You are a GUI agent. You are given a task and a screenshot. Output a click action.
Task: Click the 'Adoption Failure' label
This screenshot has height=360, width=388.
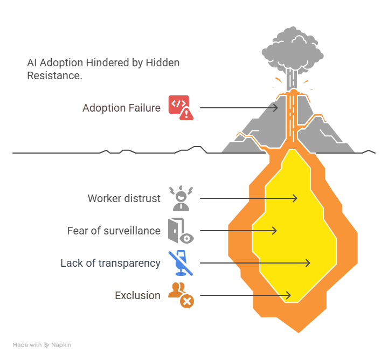coord(121,108)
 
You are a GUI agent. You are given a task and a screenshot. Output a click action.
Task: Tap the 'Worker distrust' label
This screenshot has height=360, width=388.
coord(124,198)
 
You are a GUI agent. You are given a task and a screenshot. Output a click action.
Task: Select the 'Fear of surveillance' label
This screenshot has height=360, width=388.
coord(114,231)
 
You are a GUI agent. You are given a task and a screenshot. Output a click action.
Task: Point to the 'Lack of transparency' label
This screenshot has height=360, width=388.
coord(110,263)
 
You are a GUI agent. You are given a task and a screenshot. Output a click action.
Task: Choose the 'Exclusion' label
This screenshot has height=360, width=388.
coord(137,295)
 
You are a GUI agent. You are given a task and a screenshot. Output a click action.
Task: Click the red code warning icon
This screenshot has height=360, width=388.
coord(181,108)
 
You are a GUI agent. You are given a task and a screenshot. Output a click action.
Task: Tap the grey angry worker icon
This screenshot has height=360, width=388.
coord(181,198)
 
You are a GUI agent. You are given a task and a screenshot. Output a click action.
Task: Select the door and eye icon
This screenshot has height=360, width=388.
coord(181,231)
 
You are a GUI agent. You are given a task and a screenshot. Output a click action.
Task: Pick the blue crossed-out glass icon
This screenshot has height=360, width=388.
coord(181,263)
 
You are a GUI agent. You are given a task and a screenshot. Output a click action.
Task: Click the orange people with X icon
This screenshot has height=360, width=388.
coord(181,295)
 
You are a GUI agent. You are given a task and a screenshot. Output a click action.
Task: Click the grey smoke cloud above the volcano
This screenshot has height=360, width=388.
coord(293,51)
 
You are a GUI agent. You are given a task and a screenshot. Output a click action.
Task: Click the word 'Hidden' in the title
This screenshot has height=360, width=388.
coord(162,63)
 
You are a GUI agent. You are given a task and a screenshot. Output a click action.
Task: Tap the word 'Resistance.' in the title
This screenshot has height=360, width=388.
coord(54,75)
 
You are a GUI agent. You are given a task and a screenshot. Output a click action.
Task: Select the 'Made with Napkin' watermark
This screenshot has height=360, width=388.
coord(42,345)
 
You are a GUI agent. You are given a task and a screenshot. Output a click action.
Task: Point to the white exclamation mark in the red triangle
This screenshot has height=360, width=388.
coord(186,114)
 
